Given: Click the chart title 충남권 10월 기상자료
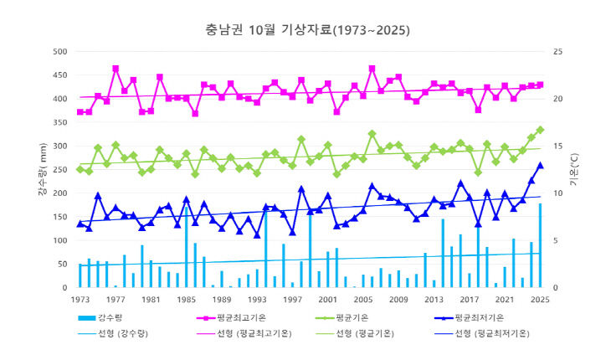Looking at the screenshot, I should point(307,31).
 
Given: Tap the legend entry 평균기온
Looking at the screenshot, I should point(382,318).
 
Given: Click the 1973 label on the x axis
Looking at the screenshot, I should point(80,300).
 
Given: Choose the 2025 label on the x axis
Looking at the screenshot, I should point(540,300).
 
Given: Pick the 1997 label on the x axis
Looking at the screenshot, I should point(292,300).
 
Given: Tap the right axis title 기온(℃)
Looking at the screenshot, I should point(574,171).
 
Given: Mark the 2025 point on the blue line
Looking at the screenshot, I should point(540,166).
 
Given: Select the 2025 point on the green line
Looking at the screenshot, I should point(540,130).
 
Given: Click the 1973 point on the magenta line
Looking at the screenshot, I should point(80,111).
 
